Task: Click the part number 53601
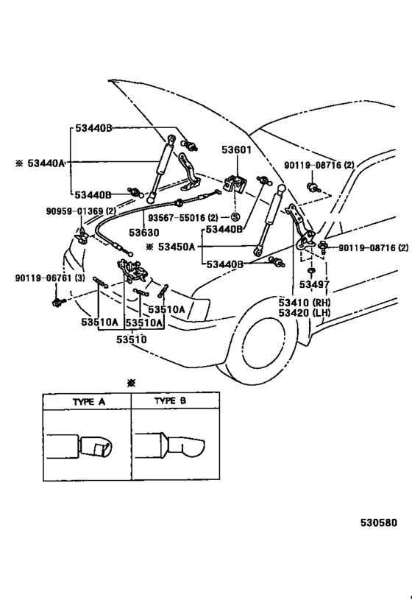coord(237,150)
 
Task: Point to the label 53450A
coord(175,247)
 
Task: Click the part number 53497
coord(314,284)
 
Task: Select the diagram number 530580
coord(378,523)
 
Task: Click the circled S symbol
coord(235,218)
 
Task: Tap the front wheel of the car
coord(269,352)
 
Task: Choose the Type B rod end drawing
coord(175,445)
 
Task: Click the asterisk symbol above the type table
coord(132,384)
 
